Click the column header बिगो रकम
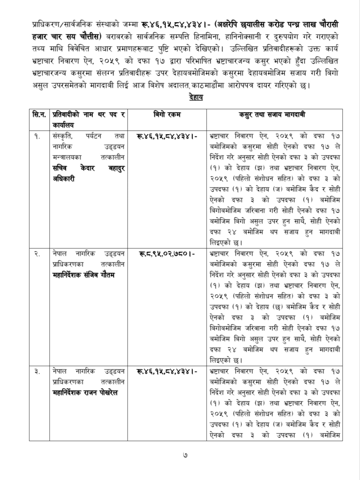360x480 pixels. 167,115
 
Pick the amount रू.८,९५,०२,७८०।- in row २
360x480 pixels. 167,254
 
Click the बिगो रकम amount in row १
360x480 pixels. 167,136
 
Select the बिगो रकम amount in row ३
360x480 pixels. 167,371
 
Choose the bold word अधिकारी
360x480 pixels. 64,179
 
